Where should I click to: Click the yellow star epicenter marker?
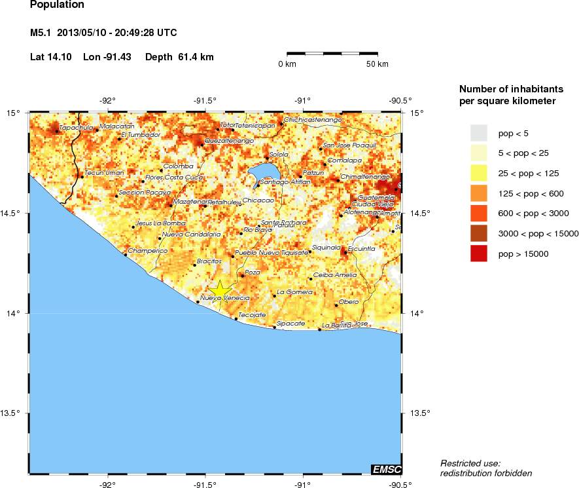point(220,289)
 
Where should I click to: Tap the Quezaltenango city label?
point(229,141)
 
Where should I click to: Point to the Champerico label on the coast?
point(148,251)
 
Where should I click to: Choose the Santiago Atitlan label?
point(285,181)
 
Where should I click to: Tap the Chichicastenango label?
point(313,120)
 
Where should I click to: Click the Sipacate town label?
point(289,324)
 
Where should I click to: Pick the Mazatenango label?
point(190,202)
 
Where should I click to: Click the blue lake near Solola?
point(263,174)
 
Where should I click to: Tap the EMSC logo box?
point(386,469)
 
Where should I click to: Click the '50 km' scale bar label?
point(377,64)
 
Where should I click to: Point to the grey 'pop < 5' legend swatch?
point(480,133)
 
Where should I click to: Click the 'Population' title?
point(57,5)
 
